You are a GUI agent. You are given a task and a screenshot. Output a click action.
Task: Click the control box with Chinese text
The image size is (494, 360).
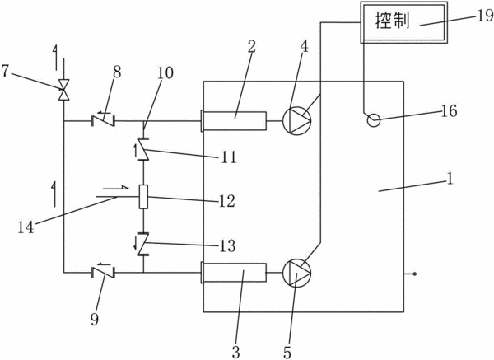[x=403, y=22]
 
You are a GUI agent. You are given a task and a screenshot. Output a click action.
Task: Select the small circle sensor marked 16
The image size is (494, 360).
[x=374, y=120]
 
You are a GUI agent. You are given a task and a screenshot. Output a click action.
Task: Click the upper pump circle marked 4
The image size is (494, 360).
[x=296, y=120]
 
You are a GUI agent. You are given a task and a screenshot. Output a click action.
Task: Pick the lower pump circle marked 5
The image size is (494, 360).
[x=296, y=273]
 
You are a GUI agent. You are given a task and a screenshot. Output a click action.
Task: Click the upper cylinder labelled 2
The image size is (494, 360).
[x=234, y=121]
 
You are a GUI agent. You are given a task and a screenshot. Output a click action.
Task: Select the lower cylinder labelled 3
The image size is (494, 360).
[x=234, y=273]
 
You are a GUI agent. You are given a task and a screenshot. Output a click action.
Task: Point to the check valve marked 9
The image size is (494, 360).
[x=103, y=273]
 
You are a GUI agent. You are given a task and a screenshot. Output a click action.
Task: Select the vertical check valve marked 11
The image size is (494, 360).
[x=142, y=149]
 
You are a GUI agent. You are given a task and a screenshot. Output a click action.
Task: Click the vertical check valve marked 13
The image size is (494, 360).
[x=142, y=245]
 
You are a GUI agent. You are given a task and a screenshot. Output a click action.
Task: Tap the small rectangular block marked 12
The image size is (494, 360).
[x=143, y=197]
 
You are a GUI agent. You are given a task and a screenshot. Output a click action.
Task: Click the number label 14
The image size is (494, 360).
[x=26, y=227]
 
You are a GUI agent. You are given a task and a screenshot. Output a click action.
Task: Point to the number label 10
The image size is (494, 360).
[x=165, y=73]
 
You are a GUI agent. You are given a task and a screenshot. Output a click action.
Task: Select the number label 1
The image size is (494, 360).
[x=450, y=179]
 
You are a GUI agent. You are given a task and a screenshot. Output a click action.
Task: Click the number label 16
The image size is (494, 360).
[x=450, y=111]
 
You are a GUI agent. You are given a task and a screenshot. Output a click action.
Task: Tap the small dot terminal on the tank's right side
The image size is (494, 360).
[x=415, y=274]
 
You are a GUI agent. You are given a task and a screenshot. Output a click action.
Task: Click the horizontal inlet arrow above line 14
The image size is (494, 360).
[x=115, y=188]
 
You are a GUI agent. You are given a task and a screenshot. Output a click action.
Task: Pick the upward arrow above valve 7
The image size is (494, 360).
[x=56, y=58]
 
